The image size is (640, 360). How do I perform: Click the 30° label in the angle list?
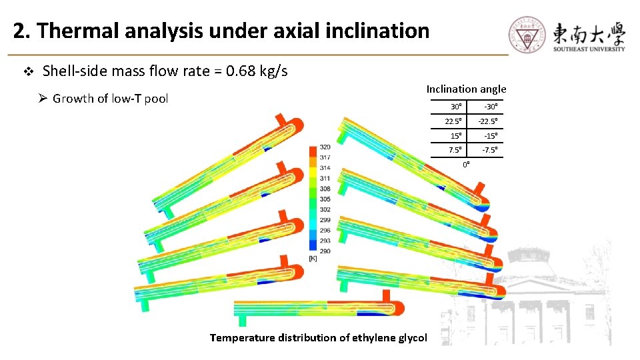click(457, 107)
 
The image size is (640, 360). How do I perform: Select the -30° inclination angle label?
click(491, 107)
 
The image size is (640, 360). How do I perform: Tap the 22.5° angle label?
click(455, 121)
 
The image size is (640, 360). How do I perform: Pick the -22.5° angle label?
click(489, 121)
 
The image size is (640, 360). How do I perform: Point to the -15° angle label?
click(491, 136)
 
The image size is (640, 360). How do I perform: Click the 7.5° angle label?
click(456, 150)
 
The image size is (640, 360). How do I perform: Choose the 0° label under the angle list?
click(467, 164)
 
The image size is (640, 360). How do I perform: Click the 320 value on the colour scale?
click(325, 147)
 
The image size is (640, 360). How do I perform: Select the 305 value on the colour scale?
click(325, 199)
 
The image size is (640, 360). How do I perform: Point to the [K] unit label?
click(313, 258)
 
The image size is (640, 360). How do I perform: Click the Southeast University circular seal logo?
click(528, 35)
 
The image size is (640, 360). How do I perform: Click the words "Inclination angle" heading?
click(466, 89)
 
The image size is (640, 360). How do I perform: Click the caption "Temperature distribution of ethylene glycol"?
click(318, 337)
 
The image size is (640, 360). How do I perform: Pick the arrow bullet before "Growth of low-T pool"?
click(42, 99)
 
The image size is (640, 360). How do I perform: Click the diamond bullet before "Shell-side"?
click(28, 71)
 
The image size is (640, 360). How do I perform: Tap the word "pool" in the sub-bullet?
click(156, 99)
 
